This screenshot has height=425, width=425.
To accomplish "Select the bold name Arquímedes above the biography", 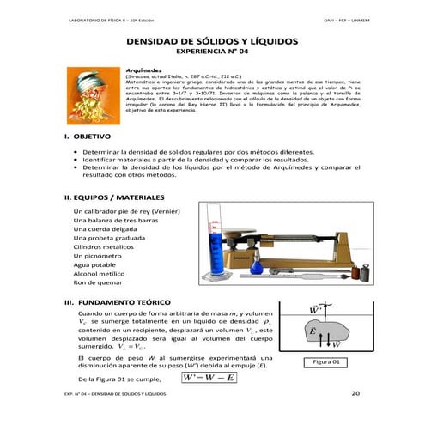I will (145, 70).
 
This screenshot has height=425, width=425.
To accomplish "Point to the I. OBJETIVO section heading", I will (87, 137).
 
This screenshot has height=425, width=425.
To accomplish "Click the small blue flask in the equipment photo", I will (244, 259).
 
